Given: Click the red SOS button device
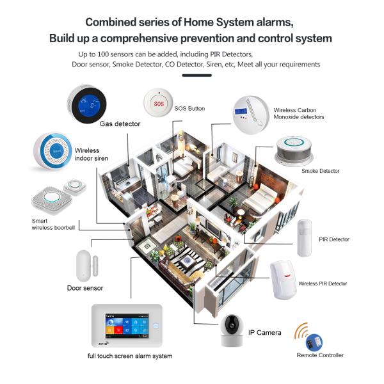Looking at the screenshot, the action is click(x=158, y=103).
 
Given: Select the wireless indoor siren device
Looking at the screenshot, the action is click(x=52, y=151).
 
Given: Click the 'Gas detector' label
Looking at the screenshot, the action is click(x=120, y=124).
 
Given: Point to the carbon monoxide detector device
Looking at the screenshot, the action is click(x=250, y=115).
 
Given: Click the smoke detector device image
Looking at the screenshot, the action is click(x=294, y=150).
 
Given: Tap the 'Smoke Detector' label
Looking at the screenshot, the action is click(x=321, y=171).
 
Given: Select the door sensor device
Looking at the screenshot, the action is click(x=87, y=266).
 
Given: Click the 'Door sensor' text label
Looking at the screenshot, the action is click(x=85, y=288).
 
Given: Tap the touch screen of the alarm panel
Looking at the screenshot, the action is click(x=127, y=326).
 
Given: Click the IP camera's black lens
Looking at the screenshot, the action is click(x=231, y=324).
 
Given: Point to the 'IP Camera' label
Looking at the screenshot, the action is click(x=264, y=333).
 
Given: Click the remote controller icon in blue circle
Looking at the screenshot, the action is click(x=314, y=342).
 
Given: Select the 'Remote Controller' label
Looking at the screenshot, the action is click(x=320, y=355).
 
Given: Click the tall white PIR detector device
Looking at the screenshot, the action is click(x=305, y=238).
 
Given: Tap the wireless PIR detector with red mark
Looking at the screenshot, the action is click(x=284, y=280).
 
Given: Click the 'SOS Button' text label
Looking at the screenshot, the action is click(x=189, y=109).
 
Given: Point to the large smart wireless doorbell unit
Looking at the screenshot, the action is click(x=52, y=200).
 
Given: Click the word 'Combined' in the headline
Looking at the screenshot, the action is click(x=111, y=22).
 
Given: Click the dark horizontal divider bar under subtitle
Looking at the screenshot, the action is click(x=196, y=76).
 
